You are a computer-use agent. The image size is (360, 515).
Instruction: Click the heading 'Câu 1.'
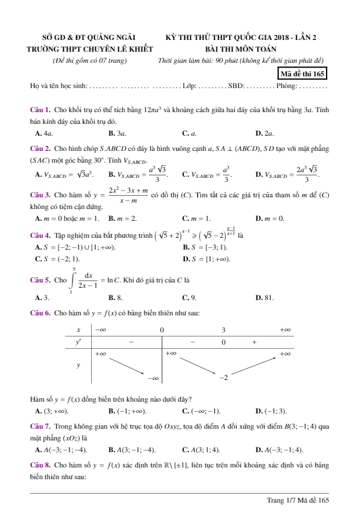click(41, 110)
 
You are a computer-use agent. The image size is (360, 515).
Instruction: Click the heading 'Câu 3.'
click(41, 194)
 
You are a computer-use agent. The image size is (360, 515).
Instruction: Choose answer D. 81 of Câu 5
click(265, 298)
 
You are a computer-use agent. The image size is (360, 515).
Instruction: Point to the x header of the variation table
click(79, 330)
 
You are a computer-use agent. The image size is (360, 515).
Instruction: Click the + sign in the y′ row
click(254, 342)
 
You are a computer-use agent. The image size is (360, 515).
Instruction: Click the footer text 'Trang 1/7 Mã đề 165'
click(298, 500)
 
